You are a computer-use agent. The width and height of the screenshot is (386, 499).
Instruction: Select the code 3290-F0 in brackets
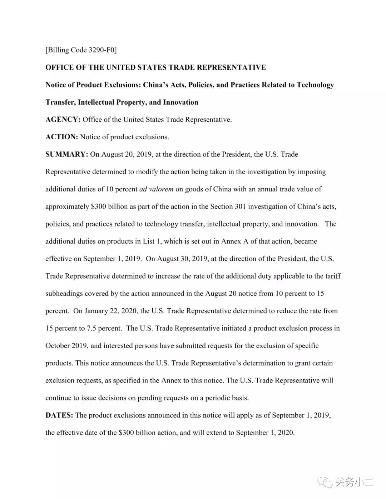tap(102, 50)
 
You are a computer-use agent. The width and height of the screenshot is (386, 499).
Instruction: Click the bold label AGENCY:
tap(63, 120)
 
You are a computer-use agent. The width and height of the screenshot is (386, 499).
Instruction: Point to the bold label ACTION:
tap(61, 137)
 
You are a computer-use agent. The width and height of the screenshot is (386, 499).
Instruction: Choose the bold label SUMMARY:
tap(66, 154)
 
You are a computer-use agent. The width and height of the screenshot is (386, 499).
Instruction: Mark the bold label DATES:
tap(59, 415)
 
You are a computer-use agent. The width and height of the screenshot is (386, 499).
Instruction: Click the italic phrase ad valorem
tap(156, 189)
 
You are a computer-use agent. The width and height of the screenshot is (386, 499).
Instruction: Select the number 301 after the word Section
tap(240, 206)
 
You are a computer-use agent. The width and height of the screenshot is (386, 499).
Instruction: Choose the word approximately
tap(67, 206)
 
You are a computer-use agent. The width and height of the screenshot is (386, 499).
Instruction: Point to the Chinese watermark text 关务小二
tap(354, 482)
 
